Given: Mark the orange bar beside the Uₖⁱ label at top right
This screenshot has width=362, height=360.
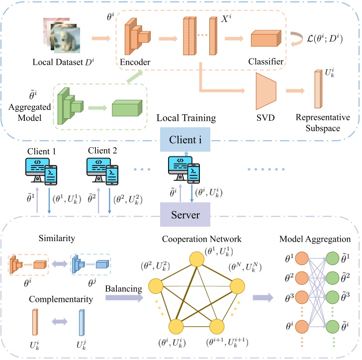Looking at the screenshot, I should [318, 89].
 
